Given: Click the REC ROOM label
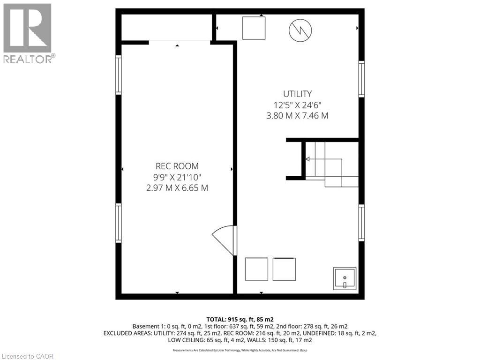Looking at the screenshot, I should pyautogui.click(x=177, y=166).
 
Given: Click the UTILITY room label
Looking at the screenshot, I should pyautogui.click(x=297, y=94).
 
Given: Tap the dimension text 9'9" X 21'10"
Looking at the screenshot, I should pyautogui.click(x=177, y=177).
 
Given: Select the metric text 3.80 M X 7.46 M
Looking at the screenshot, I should pyautogui.click(x=297, y=115).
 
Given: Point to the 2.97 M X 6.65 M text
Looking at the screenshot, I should pyautogui.click(x=177, y=188).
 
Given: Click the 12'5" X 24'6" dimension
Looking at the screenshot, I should pyautogui.click(x=297, y=105).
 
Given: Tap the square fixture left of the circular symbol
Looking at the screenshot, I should pyautogui.click(x=254, y=28).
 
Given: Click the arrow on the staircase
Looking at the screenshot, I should pyautogui.click(x=308, y=159).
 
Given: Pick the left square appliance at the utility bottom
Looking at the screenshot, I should pyautogui.click(x=256, y=269).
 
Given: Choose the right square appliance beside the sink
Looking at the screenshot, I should pyautogui.click(x=285, y=269).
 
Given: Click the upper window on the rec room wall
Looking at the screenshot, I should pyautogui.click(x=119, y=75).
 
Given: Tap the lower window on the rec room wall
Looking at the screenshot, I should pyautogui.click(x=119, y=223).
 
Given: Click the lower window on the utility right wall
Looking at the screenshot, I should pyautogui.click(x=361, y=223).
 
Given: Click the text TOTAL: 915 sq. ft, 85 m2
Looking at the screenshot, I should pyautogui.click(x=240, y=319).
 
